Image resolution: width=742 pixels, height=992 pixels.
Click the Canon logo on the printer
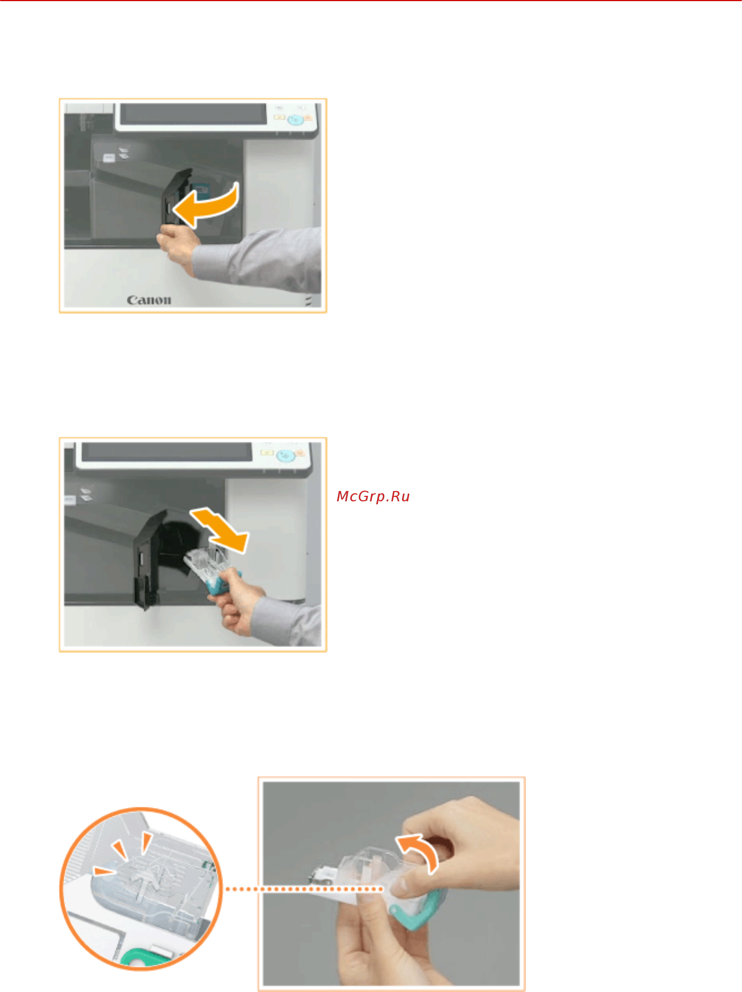(x=149, y=300)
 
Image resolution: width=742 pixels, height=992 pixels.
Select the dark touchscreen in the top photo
(x=193, y=114)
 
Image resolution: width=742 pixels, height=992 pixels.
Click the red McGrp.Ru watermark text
(x=373, y=497)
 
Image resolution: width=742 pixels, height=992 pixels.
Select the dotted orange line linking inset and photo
(x=303, y=889)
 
